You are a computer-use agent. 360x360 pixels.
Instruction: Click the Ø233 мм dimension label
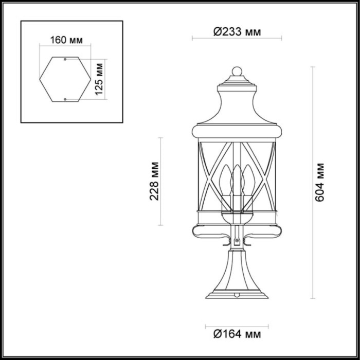click(x=237, y=32)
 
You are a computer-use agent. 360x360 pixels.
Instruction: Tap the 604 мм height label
click(x=320, y=182)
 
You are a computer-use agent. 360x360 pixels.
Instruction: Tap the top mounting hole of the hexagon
click(x=65, y=60)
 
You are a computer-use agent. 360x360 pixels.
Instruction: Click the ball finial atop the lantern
click(x=237, y=71)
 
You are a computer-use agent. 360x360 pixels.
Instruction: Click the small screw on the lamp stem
click(x=237, y=241)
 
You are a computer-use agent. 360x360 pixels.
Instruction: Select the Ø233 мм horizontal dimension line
click(x=237, y=38)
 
